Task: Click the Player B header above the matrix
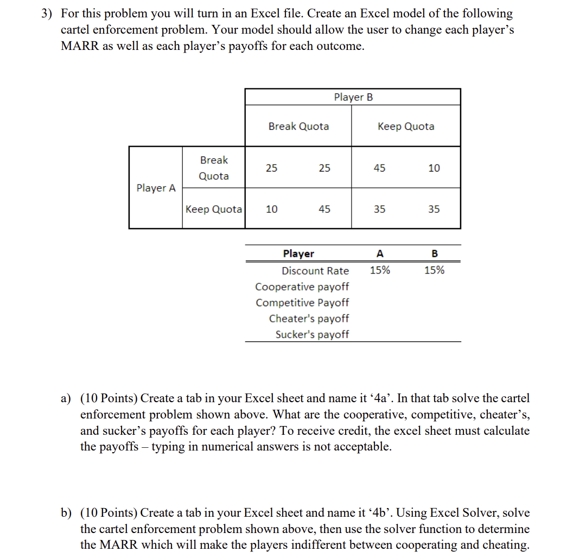[x=353, y=97]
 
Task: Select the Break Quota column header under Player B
[x=298, y=126]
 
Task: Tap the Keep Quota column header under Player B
[x=406, y=126]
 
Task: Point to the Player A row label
[x=156, y=188]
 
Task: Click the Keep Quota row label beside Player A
[x=214, y=209]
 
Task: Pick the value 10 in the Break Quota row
[x=434, y=168]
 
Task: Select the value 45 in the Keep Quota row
[x=324, y=209]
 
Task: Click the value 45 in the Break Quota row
[x=380, y=168]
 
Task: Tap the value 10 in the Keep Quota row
[x=272, y=209]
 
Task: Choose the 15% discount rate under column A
[x=380, y=270]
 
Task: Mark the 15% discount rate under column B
[x=434, y=270]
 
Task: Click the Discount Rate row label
[x=315, y=271]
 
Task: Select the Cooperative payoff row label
[x=302, y=287]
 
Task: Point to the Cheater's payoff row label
[x=309, y=319]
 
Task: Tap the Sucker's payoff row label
[x=312, y=334]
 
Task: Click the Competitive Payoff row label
[x=302, y=302]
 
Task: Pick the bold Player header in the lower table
[x=298, y=253]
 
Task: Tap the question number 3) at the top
[x=48, y=14]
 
